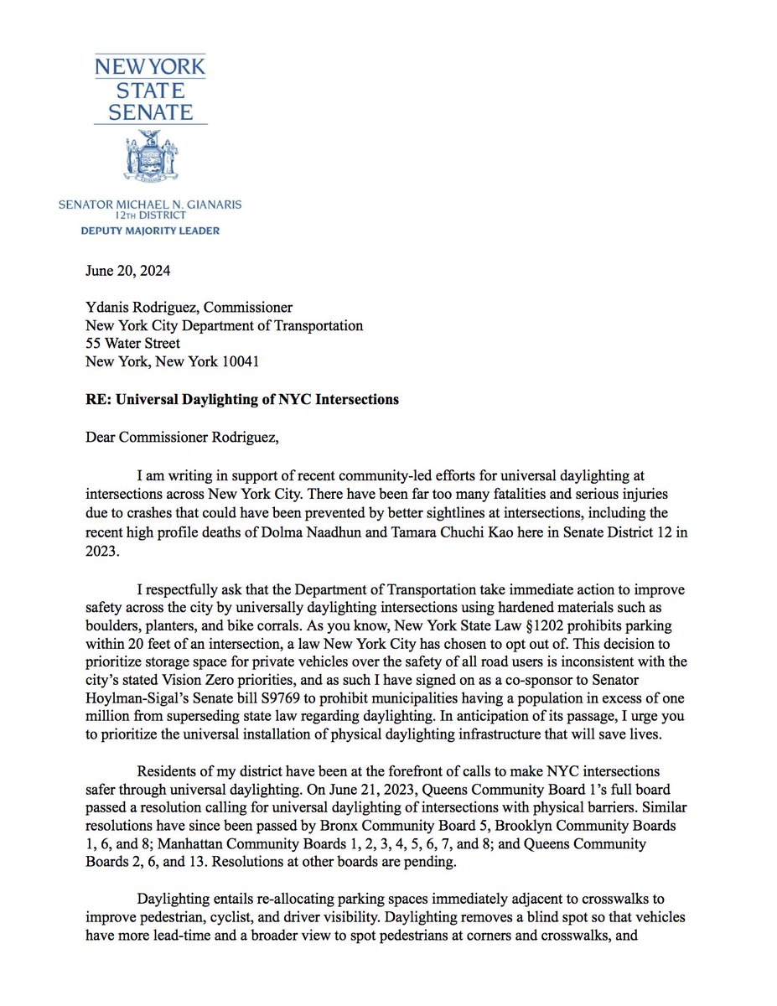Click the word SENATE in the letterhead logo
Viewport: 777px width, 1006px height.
point(152,111)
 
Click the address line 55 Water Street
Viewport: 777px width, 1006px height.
point(132,342)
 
